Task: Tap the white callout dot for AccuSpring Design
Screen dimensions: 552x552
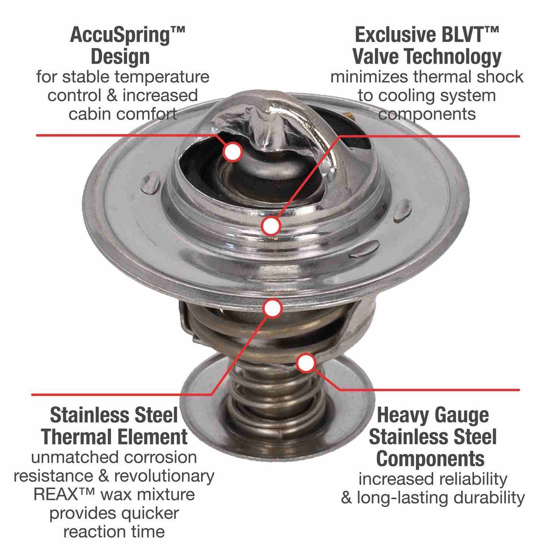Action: pos(233,152)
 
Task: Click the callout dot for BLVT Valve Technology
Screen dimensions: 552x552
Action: pos(271,226)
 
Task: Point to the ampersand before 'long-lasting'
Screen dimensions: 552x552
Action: pos(346,498)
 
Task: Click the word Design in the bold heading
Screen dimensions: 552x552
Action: pos(120,57)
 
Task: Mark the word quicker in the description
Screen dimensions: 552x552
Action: pos(150,513)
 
